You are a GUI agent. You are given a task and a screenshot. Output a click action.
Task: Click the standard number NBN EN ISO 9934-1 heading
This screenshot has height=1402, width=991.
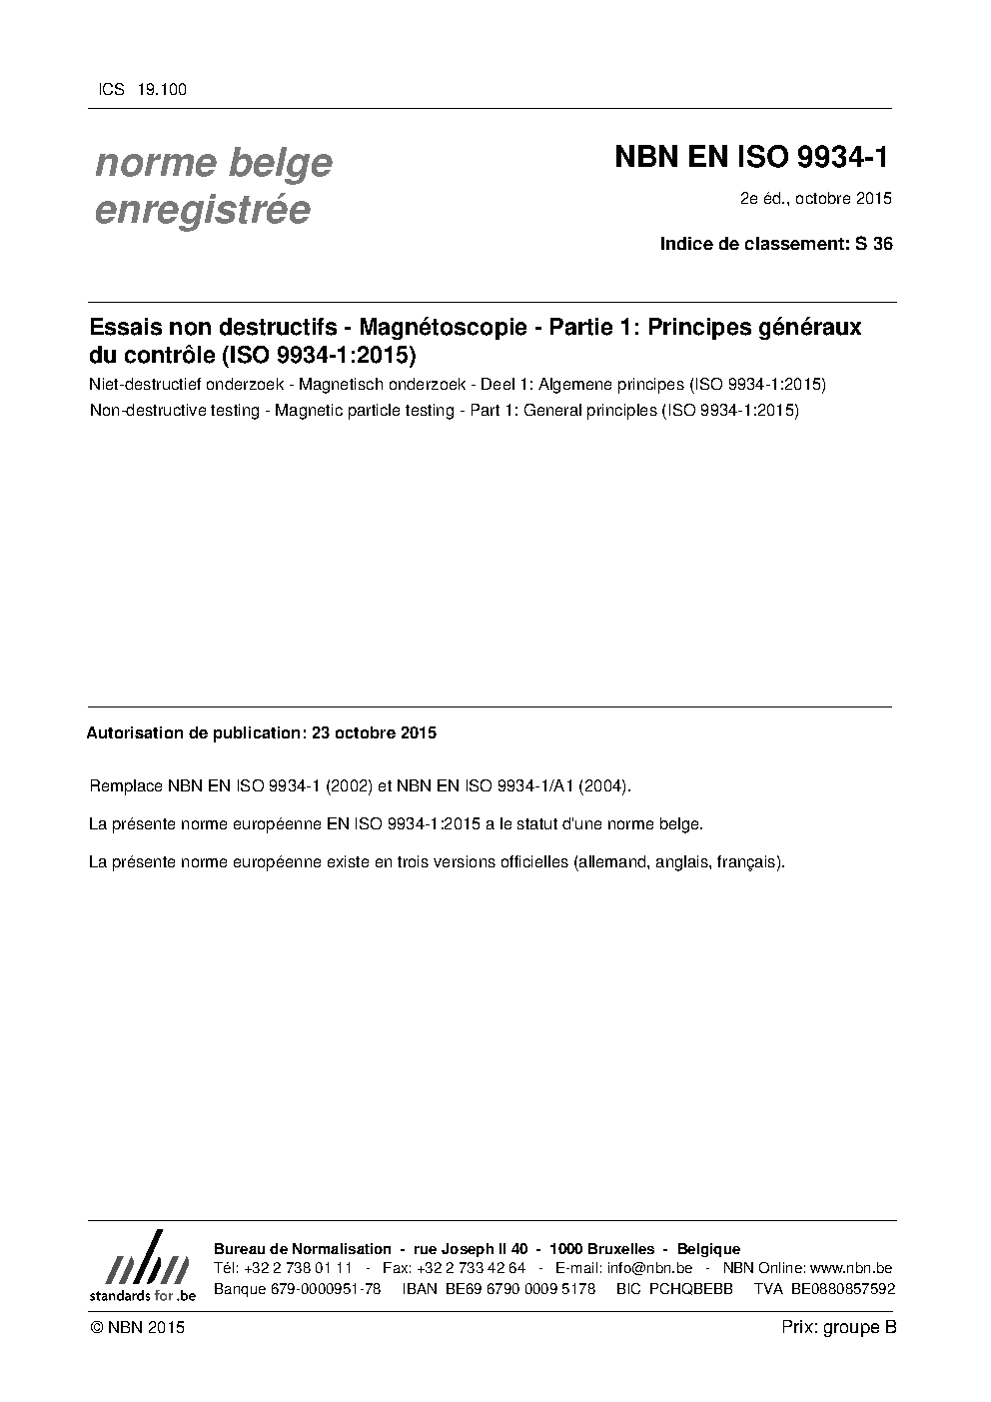coord(750,157)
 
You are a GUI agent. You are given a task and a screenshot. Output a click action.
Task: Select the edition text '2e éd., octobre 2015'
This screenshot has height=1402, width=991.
coord(815,199)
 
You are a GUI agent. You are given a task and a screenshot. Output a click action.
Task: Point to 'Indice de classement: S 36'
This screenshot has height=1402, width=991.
coord(776,243)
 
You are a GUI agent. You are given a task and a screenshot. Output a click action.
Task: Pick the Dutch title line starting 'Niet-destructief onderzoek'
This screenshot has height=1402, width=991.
coord(458,385)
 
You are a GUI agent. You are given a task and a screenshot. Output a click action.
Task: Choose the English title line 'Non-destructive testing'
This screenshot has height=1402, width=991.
coord(444,411)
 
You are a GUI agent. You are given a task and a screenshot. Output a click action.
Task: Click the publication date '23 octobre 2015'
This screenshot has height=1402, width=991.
coord(374,732)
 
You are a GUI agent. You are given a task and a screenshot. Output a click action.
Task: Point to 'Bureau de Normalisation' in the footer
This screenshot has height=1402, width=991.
coord(303,1249)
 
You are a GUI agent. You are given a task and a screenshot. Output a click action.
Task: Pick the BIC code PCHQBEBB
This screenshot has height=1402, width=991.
coord(690,1289)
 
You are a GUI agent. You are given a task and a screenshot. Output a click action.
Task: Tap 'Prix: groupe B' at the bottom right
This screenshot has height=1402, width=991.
coord(839,1327)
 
